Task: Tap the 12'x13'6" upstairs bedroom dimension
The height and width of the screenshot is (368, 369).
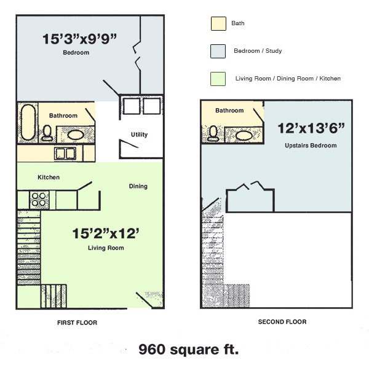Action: pos(310,130)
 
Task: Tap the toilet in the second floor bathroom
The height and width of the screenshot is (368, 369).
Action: pos(213,132)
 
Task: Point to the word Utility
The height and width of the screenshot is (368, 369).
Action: pos(139,135)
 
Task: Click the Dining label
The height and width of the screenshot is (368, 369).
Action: pos(138,186)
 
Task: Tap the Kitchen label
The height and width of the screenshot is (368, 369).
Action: pos(49,178)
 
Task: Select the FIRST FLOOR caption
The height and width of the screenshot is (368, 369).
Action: pos(77,323)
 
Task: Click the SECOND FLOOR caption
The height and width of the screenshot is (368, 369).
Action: pos(282,321)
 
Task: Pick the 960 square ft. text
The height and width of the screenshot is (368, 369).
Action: pos(188,350)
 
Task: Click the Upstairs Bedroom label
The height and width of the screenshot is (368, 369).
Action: pos(311,146)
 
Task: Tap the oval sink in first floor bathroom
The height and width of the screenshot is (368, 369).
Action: pos(76,135)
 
